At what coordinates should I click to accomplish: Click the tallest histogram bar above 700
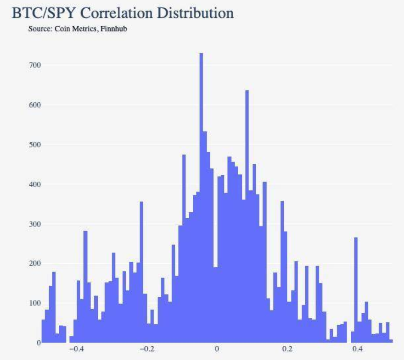click(201, 197)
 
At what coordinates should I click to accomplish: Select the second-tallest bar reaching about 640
click(247, 216)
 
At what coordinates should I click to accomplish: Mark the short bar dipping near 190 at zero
click(215, 305)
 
